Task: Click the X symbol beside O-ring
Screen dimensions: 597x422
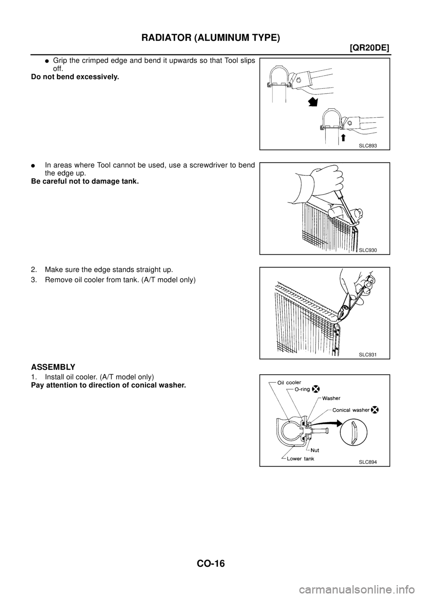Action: (316, 389)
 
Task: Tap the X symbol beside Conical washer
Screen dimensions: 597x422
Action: (375, 409)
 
